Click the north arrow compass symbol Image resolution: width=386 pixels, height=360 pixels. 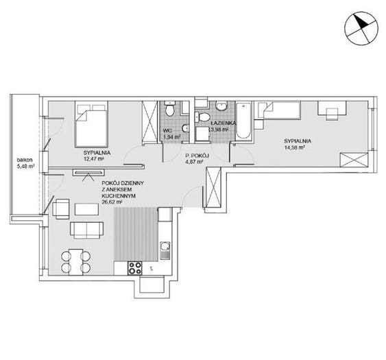point(361,29)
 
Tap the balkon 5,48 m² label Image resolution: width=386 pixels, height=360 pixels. point(25,163)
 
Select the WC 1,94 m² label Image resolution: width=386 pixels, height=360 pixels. point(172,134)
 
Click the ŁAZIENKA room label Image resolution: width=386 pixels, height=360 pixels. point(222,123)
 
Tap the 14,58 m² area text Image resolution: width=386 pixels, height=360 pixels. point(294,147)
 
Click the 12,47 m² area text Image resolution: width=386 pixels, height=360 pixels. point(93,159)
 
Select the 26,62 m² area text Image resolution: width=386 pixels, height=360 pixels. point(112,202)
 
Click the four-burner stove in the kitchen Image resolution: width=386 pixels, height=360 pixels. point(135,268)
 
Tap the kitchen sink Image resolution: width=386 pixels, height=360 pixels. point(165,250)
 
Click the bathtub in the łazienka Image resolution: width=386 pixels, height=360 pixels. point(243,121)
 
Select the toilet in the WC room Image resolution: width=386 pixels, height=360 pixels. point(169,108)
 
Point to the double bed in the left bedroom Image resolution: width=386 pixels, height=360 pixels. point(91,124)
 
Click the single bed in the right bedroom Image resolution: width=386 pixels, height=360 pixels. point(278,110)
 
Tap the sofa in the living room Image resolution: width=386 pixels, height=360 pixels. point(86,230)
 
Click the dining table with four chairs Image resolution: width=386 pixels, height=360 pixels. point(76,262)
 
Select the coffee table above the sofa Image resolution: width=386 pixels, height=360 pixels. point(86,209)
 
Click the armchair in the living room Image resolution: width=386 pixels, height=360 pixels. point(60,209)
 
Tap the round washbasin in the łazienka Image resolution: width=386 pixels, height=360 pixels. point(221,106)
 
